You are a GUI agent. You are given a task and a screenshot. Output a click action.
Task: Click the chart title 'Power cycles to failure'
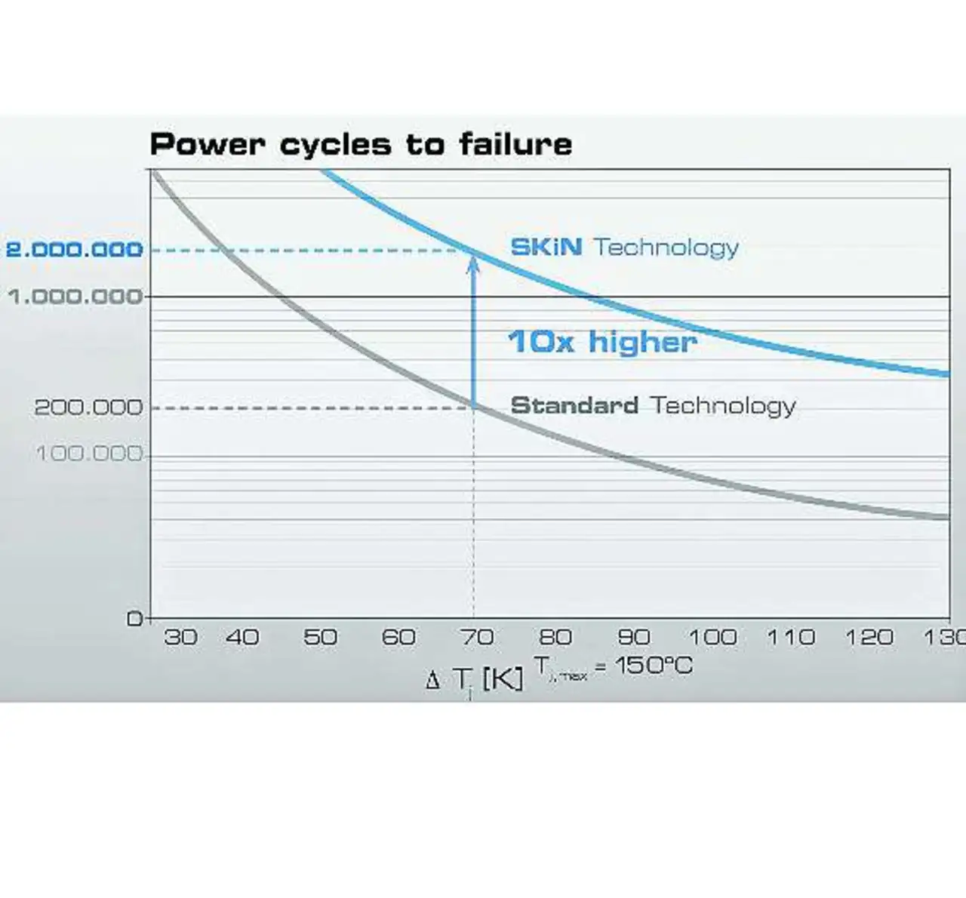coord(361,144)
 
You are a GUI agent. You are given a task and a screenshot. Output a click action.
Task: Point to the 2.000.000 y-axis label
coord(74,249)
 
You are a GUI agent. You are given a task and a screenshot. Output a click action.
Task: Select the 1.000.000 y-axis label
coord(75,297)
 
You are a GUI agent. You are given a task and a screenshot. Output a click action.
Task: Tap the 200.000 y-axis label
coord(88,407)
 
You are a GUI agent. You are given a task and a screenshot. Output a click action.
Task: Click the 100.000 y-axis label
coord(89,454)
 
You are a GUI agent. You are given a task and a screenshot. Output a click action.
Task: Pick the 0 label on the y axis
coord(135,619)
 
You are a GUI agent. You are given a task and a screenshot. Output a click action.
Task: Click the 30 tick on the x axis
coord(180,638)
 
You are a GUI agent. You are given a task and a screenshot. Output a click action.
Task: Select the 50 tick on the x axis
coord(320,638)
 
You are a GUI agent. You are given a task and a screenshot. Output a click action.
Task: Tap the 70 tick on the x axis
coord(477,638)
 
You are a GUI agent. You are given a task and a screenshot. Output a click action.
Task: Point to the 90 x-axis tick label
coord(634,638)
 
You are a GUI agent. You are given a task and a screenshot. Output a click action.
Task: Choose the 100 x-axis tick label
coord(712,638)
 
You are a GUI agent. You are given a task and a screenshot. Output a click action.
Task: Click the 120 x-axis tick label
coord(869,638)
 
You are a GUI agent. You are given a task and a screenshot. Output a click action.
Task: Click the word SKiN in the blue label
coord(546,247)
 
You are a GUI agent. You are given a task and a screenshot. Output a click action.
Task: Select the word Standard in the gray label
coord(574,405)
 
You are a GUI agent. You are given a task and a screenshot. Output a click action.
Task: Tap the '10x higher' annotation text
coord(601,342)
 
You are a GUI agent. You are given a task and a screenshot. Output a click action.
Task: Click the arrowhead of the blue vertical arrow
coord(473,263)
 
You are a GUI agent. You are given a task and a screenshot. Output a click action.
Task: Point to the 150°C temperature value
coord(654,666)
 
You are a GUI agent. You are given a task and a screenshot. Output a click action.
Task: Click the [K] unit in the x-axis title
coord(502,679)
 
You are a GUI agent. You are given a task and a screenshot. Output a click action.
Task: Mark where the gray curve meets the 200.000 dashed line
coord(474,407)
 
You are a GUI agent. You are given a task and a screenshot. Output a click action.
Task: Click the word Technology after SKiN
coord(666,248)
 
